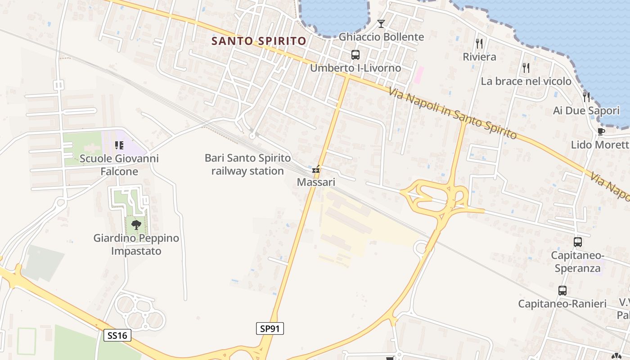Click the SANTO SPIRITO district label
(259, 41)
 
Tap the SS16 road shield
(117, 335)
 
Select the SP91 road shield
(270, 328)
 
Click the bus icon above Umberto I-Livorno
(355, 55)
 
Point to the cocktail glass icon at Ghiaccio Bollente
(381, 24)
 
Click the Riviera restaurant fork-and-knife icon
(479, 44)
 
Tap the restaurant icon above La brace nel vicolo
(526, 68)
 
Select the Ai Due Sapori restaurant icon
(586, 97)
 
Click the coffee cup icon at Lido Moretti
(600, 131)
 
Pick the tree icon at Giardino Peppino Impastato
(136, 224)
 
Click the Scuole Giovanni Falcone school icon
(119, 145)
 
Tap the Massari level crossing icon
(316, 170)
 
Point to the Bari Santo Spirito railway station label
(247, 164)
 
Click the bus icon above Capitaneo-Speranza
(578, 242)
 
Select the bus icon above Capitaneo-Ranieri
(562, 291)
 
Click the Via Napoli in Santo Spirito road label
(452, 113)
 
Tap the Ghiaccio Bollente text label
(381, 37)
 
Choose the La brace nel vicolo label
(526, 81)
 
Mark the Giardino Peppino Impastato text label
(136, 244)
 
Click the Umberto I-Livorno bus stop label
(355, 68)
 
